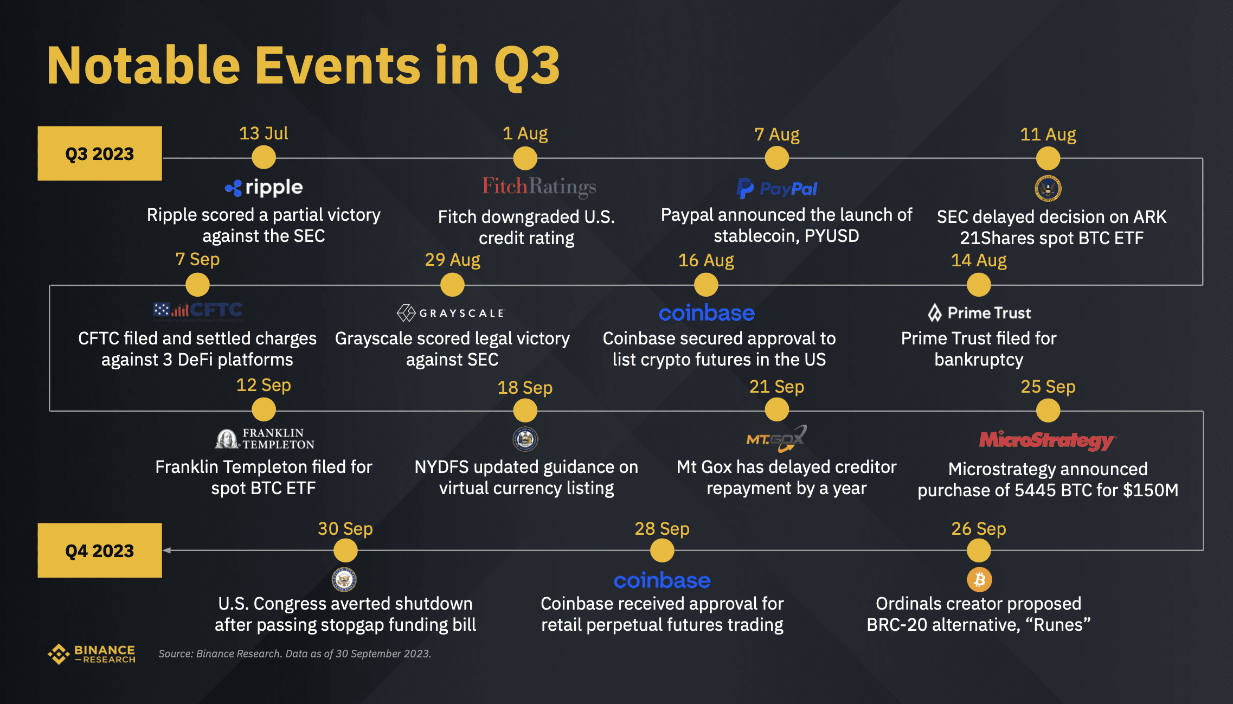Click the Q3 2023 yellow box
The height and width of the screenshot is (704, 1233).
coord(100,153)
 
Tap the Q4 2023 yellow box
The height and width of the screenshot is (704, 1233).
coord(100,550)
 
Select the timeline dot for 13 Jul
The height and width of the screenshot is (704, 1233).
coord(264,158)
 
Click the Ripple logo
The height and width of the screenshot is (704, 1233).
coord(264,188)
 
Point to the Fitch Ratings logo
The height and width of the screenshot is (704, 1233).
coord(539,187)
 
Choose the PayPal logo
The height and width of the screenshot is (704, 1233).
coord(776,188)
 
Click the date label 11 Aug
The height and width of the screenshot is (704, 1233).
coord(1048,134)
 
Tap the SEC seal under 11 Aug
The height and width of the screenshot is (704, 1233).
coord(1048,189)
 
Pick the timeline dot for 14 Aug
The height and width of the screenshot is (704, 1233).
coord(978,285)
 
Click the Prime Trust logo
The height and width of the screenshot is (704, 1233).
coord(979,313)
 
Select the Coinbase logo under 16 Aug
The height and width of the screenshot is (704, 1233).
coord(707,313)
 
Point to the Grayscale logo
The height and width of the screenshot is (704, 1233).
coord(451,313)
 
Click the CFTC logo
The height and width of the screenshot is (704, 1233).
coord(197,311)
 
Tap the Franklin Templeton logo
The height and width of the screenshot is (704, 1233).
coord(265,438)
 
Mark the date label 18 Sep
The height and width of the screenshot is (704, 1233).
coord(525,387)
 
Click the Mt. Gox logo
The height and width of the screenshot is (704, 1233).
coord(776,439)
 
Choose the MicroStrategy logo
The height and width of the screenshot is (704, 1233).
coord(1048,440)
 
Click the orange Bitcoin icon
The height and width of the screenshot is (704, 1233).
coord(979,580)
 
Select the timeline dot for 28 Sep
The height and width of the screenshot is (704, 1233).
coord(662,551)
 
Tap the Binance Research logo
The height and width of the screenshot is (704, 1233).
coord(92,654)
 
